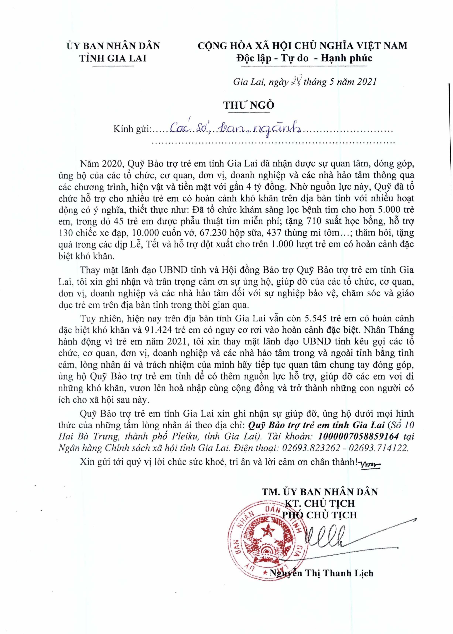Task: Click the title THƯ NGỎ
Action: click(x=249, y=105)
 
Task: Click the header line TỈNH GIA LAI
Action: click(x=113, y=58)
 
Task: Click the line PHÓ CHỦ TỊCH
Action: click(x=320, y=515)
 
